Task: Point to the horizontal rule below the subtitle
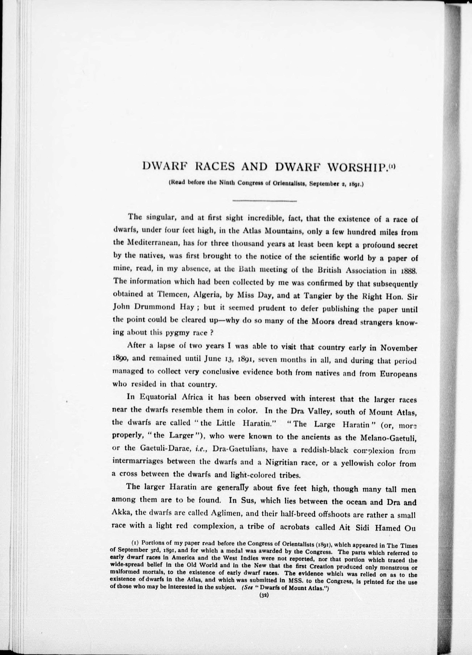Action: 264,200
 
